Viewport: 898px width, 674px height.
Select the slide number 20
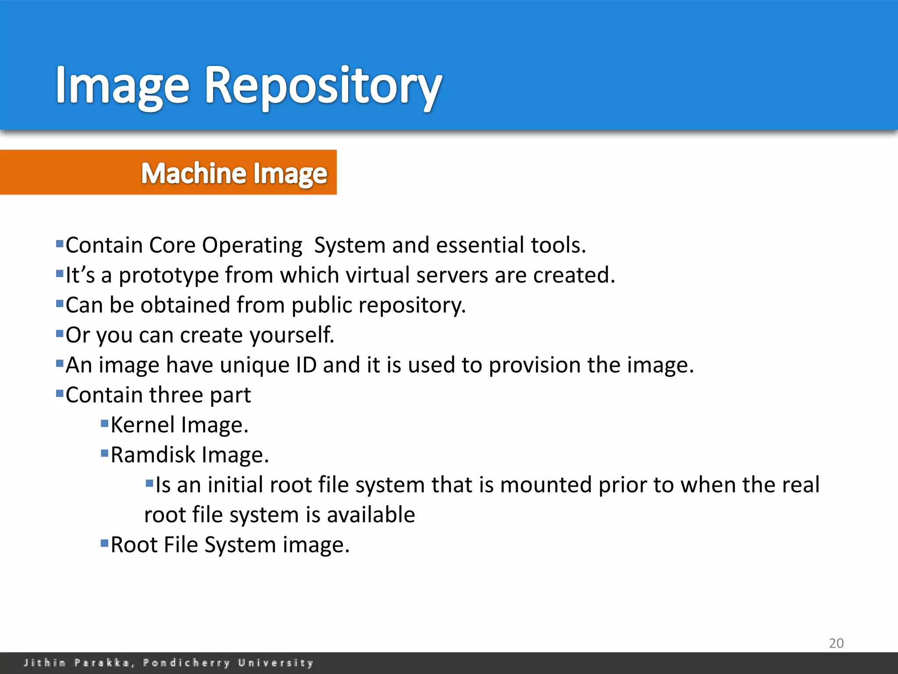(x=836, y=643)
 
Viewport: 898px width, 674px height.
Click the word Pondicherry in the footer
(x=186, y=663)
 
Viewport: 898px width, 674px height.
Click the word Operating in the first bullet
(x=252, y=245)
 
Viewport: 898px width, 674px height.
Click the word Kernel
(x=143, y=425)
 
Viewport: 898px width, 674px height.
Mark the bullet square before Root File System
(x=104, y=544)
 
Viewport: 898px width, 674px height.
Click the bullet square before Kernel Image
(x=104, y=424)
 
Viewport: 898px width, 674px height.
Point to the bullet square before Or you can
(x=60, y=334)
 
